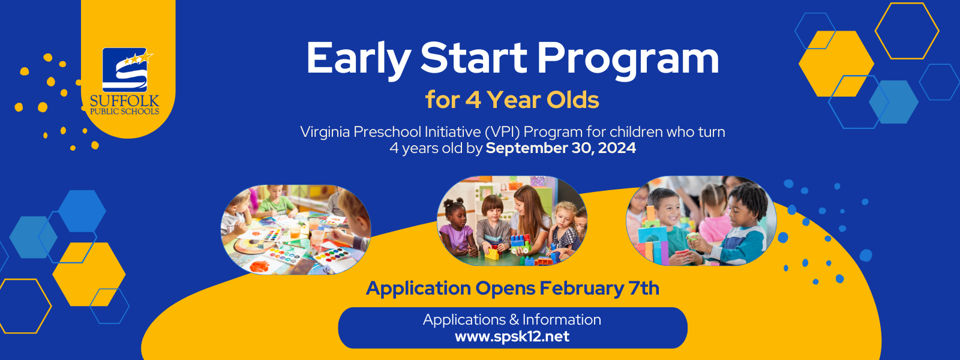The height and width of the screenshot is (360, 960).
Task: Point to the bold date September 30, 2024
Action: [560, 148]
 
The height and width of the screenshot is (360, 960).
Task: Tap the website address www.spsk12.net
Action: [512, 336]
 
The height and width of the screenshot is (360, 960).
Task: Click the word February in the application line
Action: [581, 289]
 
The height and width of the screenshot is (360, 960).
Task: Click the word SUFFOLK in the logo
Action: [125, 101]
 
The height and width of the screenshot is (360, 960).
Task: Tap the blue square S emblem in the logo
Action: [125, 70]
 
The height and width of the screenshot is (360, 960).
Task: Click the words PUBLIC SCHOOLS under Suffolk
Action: [125, 112]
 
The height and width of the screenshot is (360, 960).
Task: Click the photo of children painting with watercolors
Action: [296, 230]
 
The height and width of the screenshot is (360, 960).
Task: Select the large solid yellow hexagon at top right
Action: [836, 64]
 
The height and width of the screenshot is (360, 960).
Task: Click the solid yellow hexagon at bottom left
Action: [89, 274]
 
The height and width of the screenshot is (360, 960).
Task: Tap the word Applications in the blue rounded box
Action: [464, 320]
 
